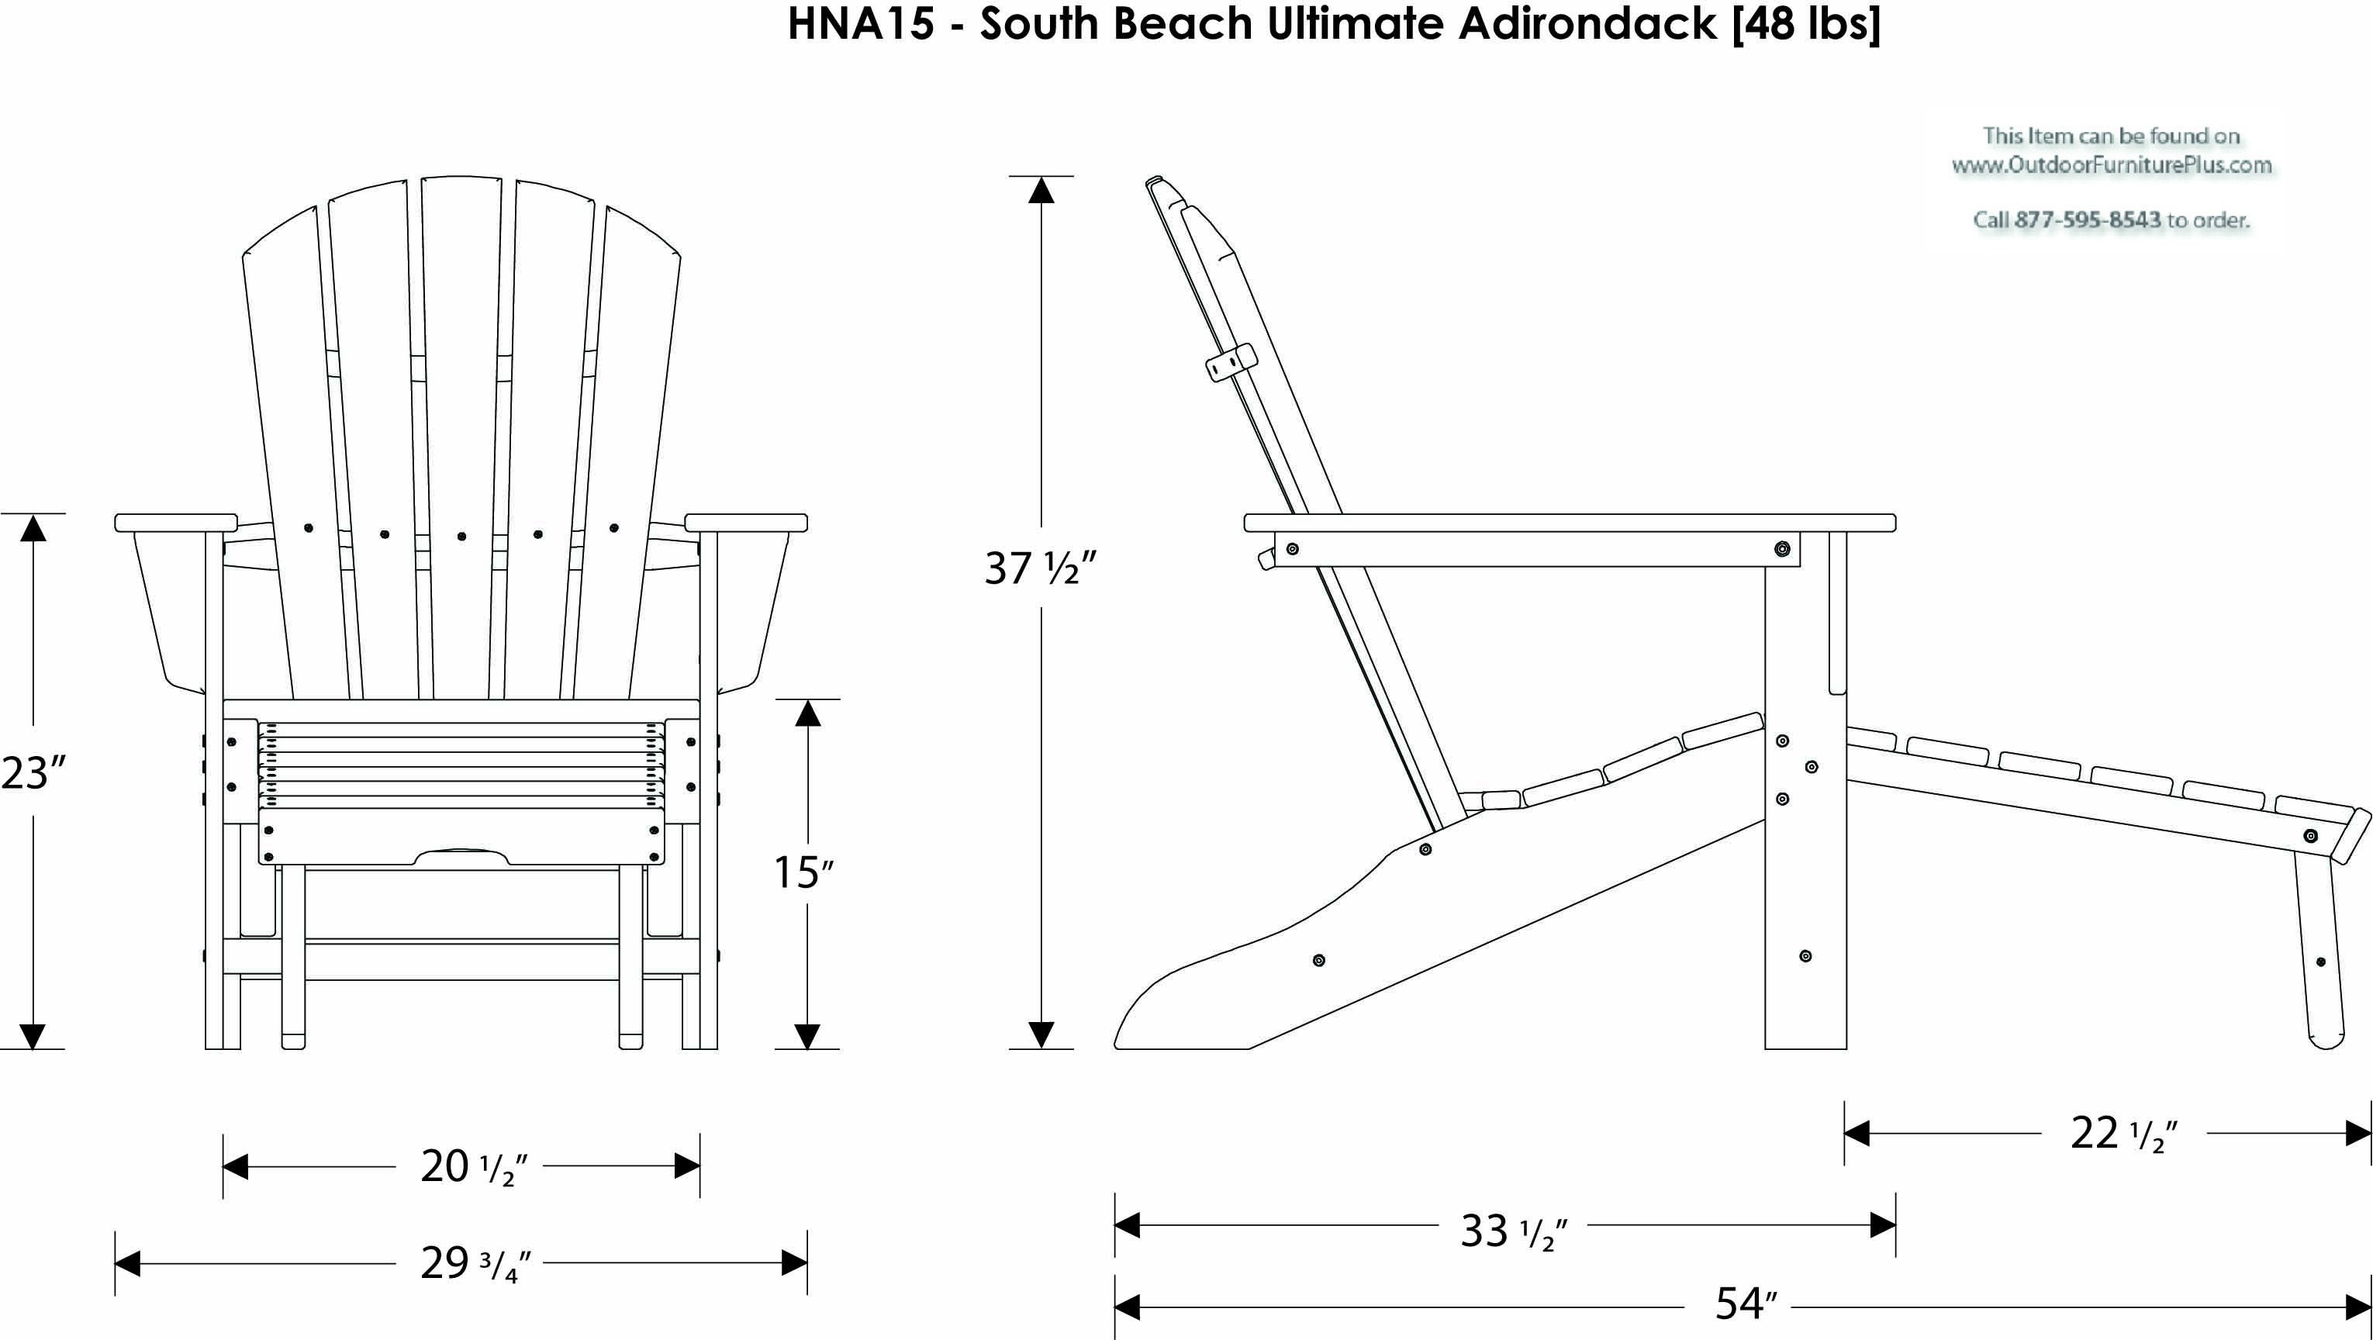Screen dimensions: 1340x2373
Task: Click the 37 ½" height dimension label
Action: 1040,568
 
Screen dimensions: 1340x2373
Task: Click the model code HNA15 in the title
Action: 860,23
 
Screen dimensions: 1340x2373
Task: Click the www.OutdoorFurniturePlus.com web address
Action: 2112,166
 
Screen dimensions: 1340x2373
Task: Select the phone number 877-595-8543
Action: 2088,220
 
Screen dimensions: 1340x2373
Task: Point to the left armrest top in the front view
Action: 176,522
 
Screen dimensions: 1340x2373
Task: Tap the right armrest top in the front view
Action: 746,522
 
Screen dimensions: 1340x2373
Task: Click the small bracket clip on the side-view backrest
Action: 1231,362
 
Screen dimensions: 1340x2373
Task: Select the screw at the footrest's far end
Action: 2310,836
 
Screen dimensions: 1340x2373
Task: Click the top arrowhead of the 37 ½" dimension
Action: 1041,188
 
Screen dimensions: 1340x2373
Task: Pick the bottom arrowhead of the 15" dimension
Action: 807,1036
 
